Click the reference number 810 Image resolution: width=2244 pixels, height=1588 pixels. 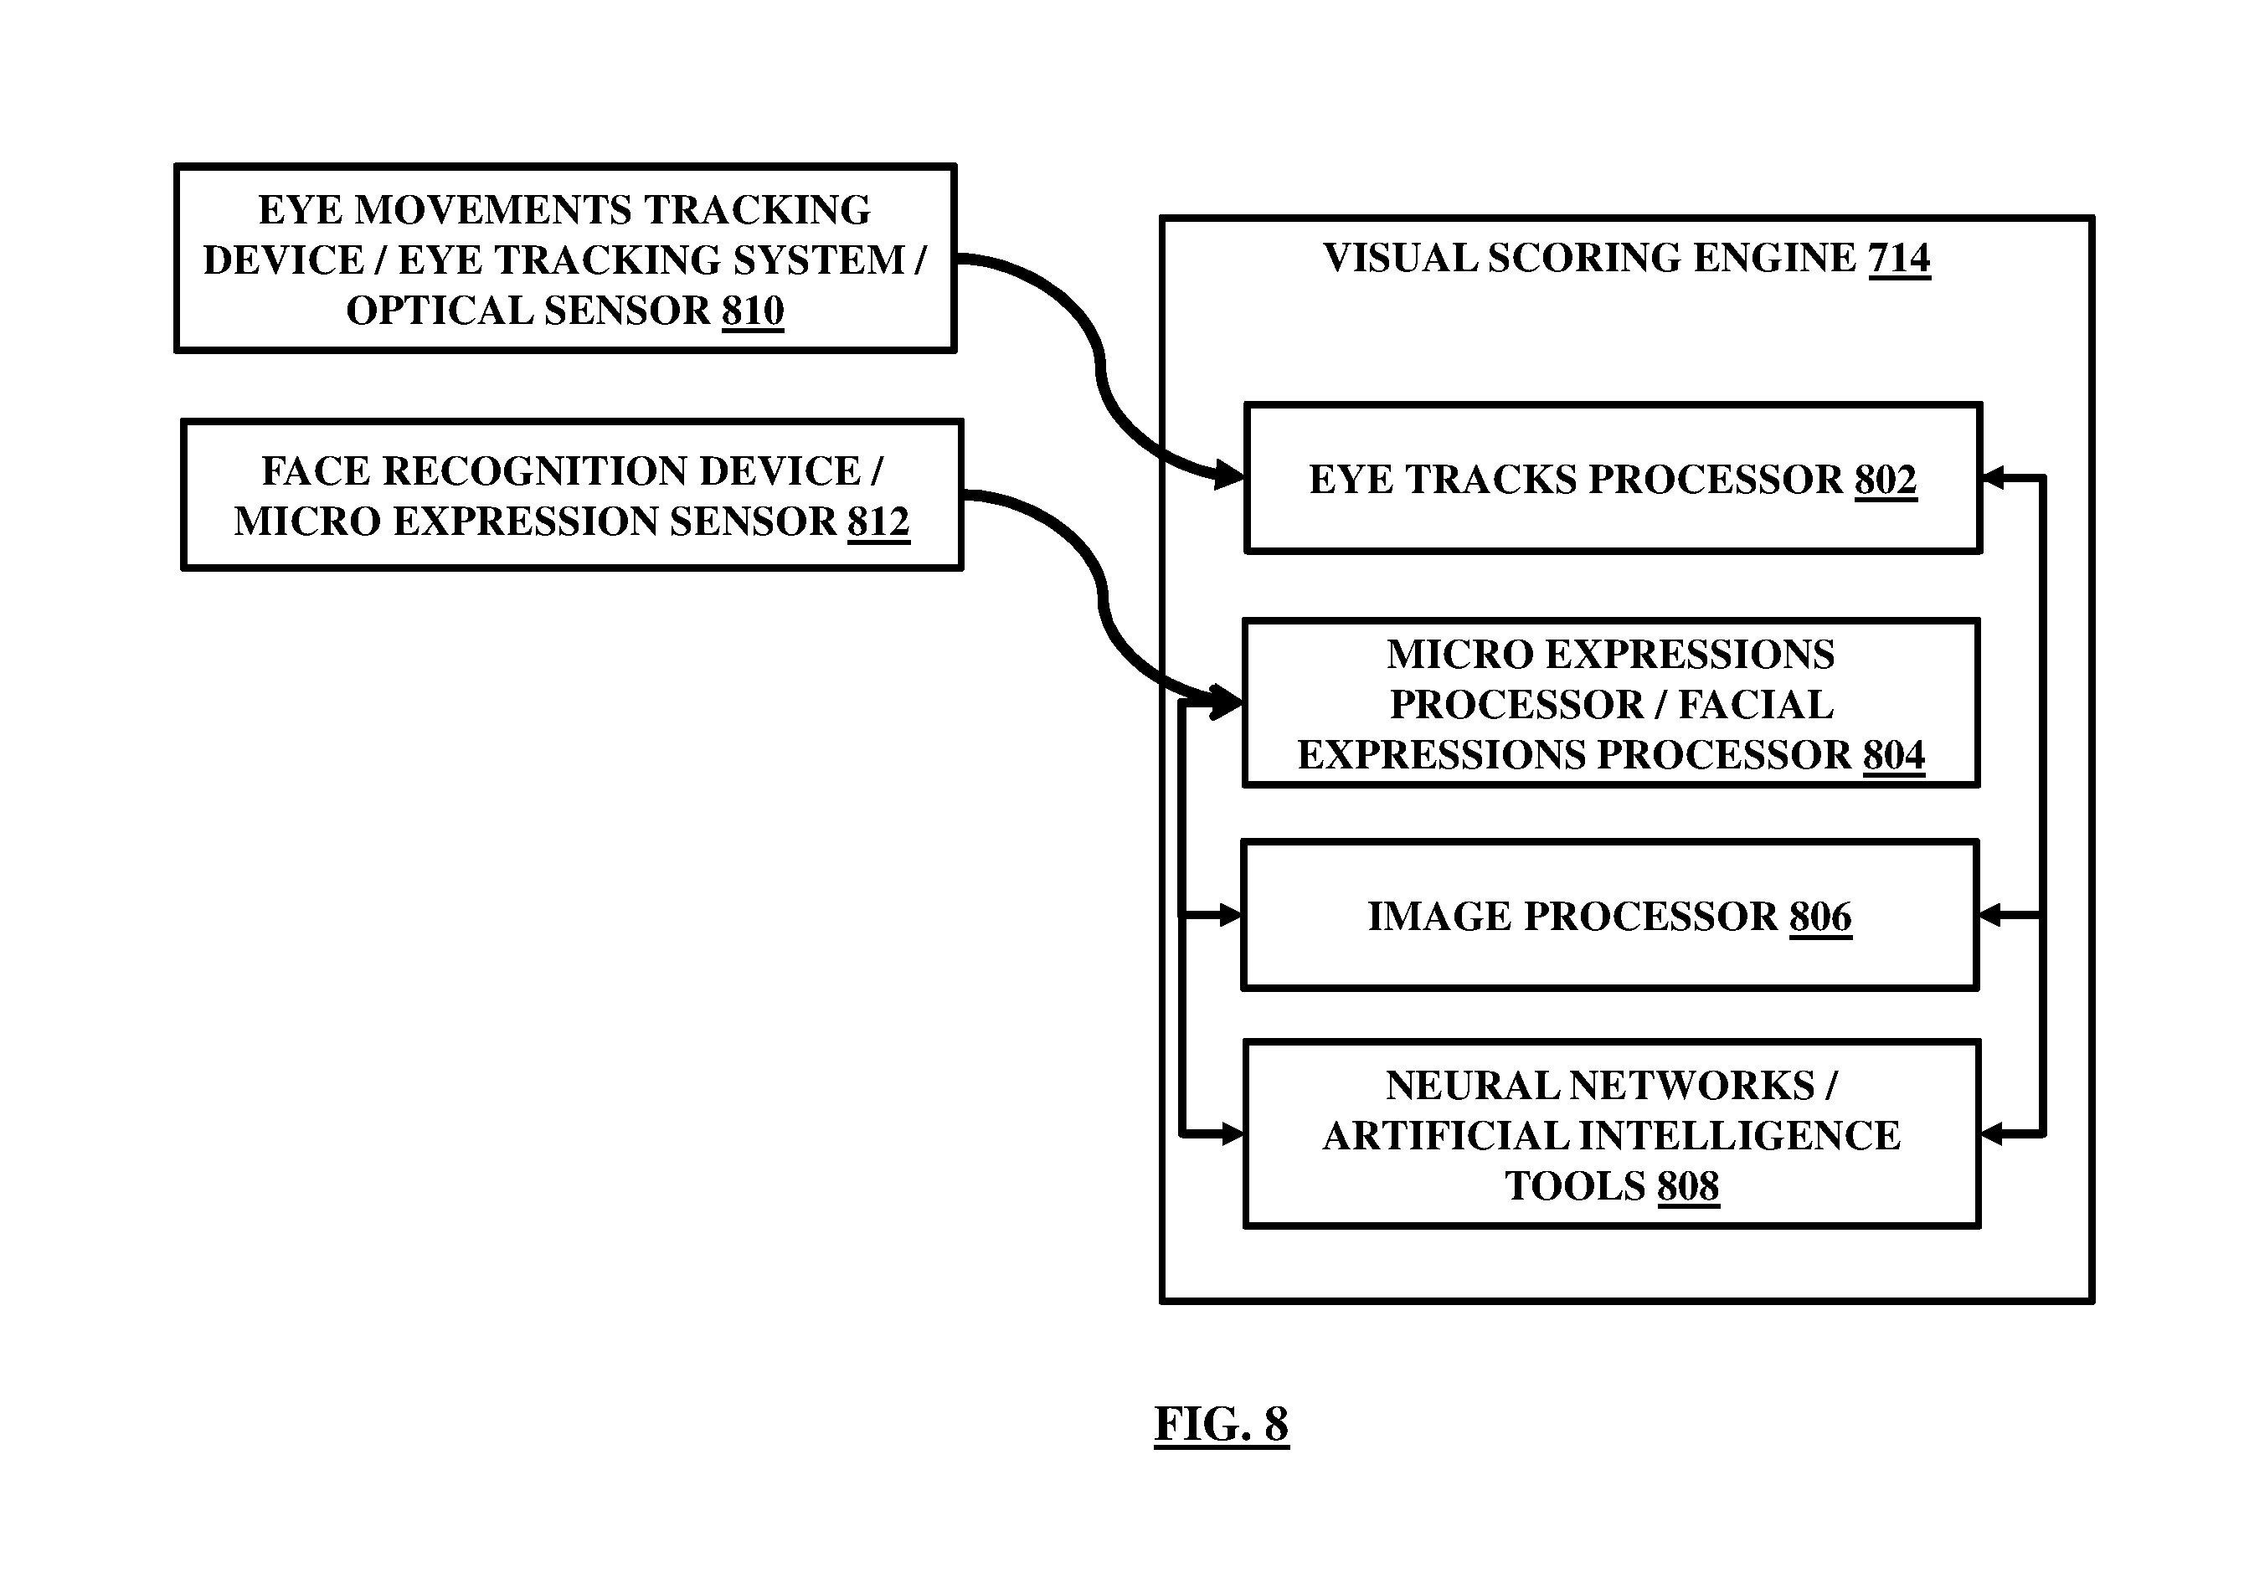click(753, 311)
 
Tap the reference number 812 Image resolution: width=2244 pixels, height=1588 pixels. click(878, 522)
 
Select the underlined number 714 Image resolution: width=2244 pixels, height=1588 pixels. click(1899, 258)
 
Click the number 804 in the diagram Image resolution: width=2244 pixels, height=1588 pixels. click(1894, 755)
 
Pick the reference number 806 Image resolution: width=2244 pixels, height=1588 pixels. click(1820, 917)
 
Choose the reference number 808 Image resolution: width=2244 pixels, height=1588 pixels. click(1688, 1186)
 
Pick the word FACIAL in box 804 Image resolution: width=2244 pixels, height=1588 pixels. click(1756, 705)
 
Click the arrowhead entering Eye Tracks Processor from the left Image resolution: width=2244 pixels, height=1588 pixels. click(1228, 477)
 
